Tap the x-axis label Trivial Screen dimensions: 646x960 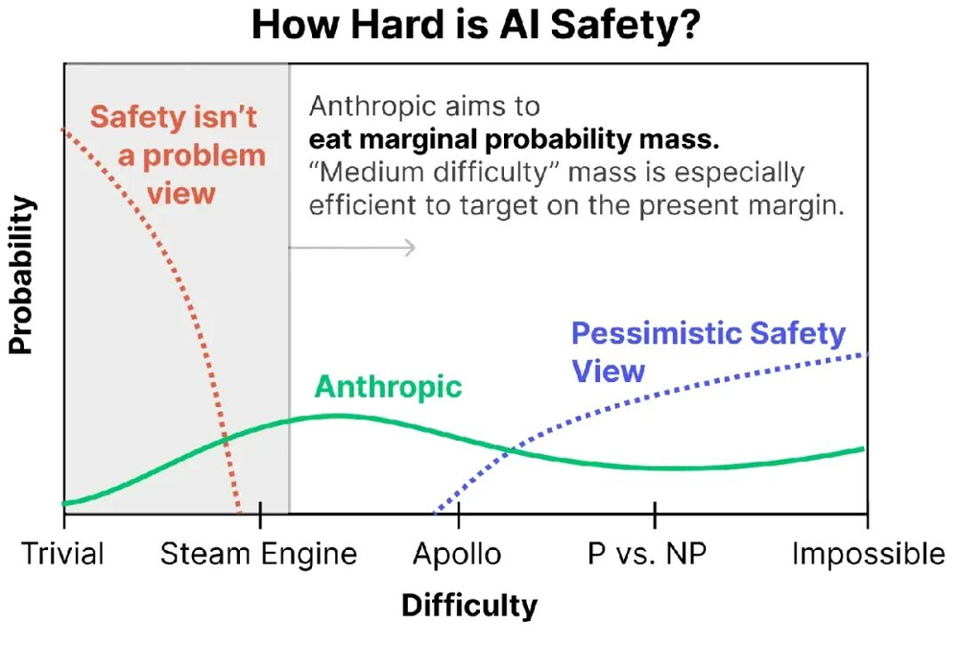pos(63,555)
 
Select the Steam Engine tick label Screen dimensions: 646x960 pos(258,555)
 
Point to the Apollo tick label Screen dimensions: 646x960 pos(457,555)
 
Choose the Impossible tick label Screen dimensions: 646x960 pos(868,555)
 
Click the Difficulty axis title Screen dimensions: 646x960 pos(469,606)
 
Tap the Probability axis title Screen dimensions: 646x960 pos(21,277)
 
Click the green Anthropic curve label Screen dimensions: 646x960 pos(389,387)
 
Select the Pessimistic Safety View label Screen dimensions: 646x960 pos(708,351)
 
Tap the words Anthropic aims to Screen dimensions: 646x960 pos(424,106)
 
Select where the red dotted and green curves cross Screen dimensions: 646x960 pos(225,438)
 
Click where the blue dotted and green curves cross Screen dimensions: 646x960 pos(511,446)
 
